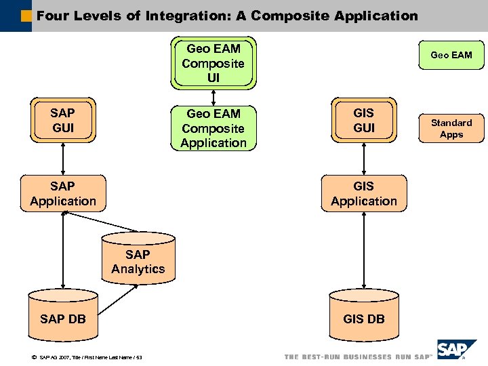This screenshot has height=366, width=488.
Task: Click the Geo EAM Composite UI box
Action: click(x=213, y=63)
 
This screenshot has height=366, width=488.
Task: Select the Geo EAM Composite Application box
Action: click(x=213, y=127)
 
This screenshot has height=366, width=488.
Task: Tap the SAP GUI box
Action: click(x=63, y=120)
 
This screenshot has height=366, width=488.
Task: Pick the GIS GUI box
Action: click(x=364, y=120)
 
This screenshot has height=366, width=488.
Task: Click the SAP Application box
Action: click(x=63, y=193)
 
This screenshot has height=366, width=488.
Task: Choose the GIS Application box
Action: click(x=364, y=193)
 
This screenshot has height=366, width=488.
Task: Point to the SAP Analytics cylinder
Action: click(x=138, y=261)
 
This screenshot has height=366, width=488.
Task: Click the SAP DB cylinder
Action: click(x=63, y=317)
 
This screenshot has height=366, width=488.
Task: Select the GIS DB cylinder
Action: click(x=364, y=317)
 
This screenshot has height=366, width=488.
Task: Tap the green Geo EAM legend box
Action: click(x=451, y=55)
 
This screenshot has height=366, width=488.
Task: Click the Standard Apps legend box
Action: click(x=451, y=128)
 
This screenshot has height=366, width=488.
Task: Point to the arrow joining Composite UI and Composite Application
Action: click(x=213, y=97)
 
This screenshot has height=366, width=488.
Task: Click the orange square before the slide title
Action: click(x=26, y=14)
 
